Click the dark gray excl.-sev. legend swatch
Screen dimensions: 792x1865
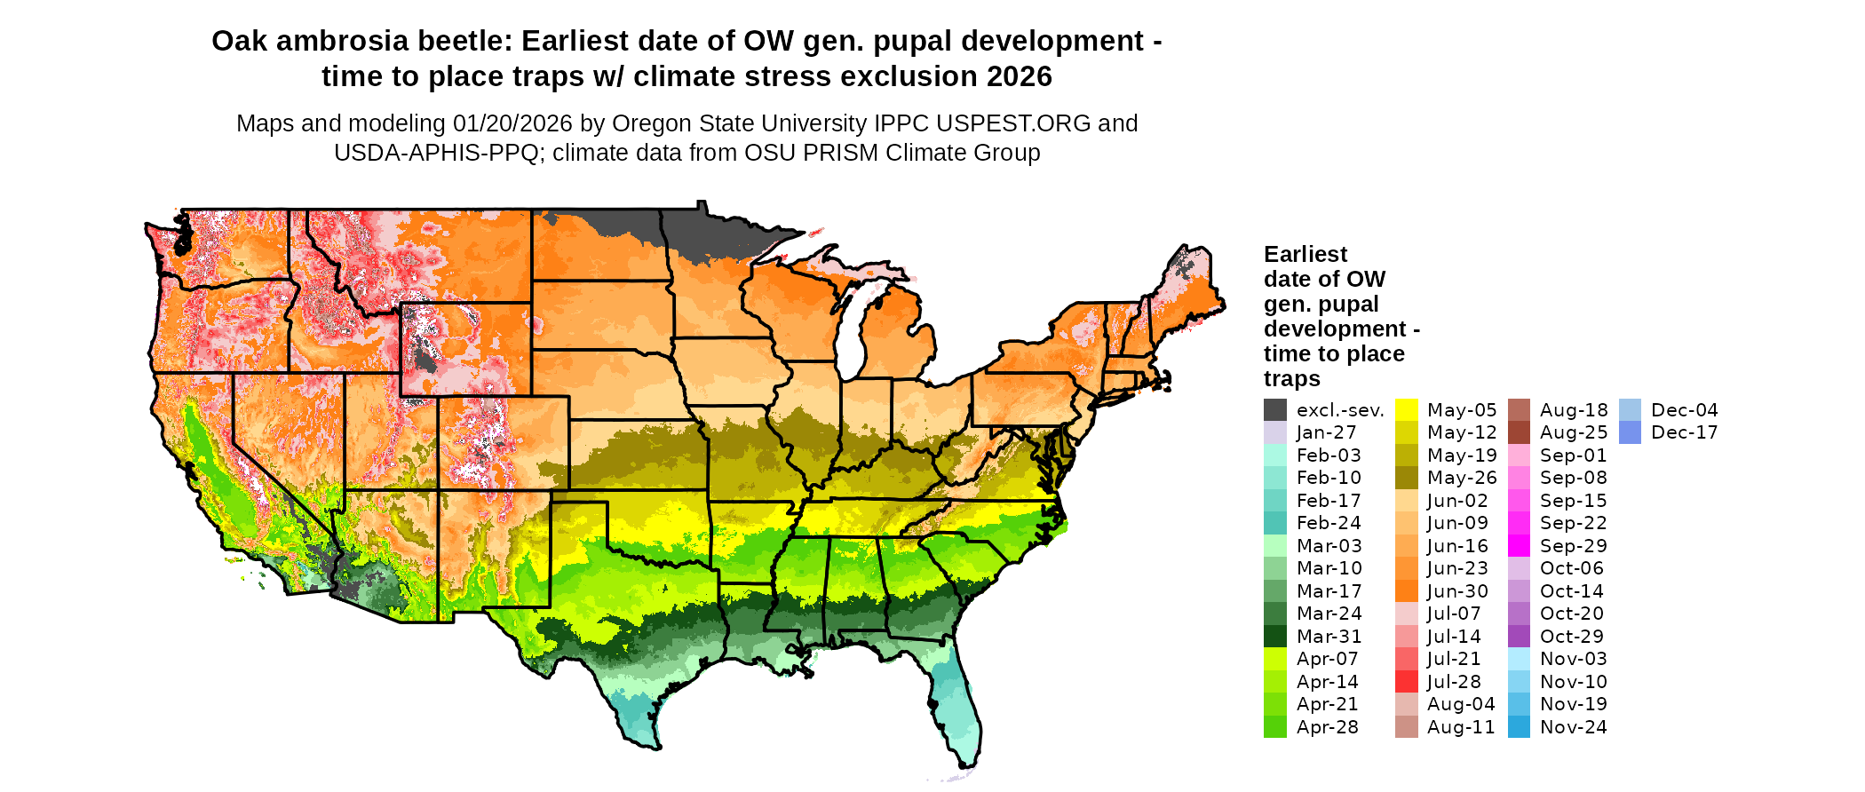click(x=1275, y=410)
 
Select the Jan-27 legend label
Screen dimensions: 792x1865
click(x=1326, y=432)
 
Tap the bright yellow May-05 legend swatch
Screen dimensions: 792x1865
click(x=1407, y=410)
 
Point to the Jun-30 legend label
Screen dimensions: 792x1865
click(x=1457, y=591)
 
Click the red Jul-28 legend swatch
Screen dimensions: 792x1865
click(x=1407, y=682)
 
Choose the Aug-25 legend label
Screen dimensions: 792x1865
click(x=1574, y=432)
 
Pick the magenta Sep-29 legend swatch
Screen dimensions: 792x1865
click(x=1520, y=546)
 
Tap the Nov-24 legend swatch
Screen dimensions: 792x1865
click(x=1520, y=727)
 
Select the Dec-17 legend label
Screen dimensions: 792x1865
click(x=1684, y=432)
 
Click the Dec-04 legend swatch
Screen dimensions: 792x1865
click(x=1630, y=410)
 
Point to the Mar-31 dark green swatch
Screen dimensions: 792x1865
click(x=1275, y=637)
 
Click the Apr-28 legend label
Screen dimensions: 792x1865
click(x=1327, y=727)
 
